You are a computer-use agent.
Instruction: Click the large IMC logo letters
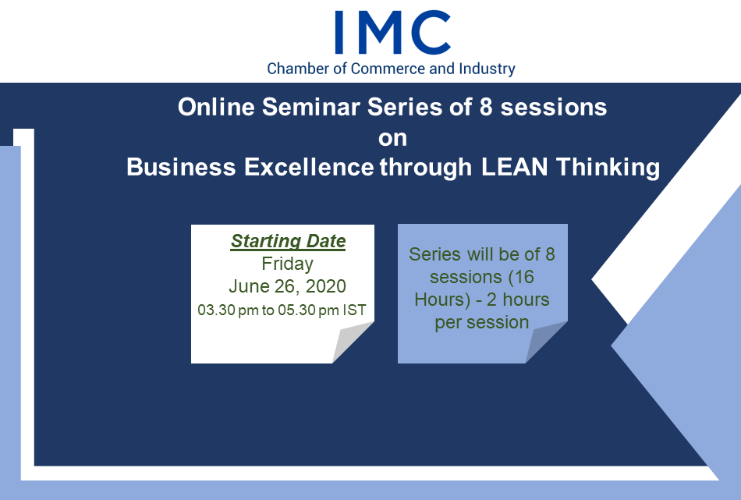pyautogui.click(x=392, y=33)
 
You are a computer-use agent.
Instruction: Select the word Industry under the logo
pyautogui.click(x=487, y=69)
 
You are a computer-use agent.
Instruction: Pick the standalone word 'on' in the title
pyautogui.click(x=392, y=138)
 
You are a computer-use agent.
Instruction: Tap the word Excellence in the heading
pyautogui.click(x=310, y=167)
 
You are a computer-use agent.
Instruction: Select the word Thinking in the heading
pyautogui.click(x=608, y=168)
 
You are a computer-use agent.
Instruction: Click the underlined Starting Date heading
pyautogui.click(x=289, y=241)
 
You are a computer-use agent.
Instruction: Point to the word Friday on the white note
pyautogui.click(x=287, y=264)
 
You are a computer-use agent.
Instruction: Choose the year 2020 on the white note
pyautogui.click(x=325, y=286)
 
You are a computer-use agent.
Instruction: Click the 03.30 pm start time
pyautogui.click(x=229, y=310)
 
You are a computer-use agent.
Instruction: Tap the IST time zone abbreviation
pyautogui.click(x=354, y=310)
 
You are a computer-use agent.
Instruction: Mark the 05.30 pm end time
pyautogui.click(x=308, y=310)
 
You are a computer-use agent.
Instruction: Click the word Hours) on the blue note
pyautogui.click(x=442, y=300)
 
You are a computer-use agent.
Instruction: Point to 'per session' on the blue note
pyautogui.click(x=482, y=323)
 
